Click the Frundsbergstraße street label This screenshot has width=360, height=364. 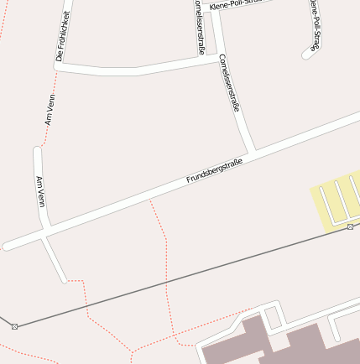tap(214, 171)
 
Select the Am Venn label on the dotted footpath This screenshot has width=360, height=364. tap(50, 110)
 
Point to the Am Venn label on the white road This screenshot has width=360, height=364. tap(39, 192)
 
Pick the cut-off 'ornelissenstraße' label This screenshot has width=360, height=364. tap(200, 28)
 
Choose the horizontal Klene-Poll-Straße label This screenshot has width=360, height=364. tap(236, 4)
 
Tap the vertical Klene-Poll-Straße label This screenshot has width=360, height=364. tap(315, 25)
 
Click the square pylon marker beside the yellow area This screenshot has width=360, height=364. tap(350, 226)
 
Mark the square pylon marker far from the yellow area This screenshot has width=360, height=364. tap(14, 325)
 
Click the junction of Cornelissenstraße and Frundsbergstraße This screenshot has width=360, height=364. tap(251, 151)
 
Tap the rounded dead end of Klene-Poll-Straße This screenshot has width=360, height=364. tap(305, 56)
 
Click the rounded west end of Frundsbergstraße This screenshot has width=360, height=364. tap(7, 247)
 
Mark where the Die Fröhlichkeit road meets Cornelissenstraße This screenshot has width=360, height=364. tap(217, 61)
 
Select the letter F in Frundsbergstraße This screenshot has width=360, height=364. tap(189, 181)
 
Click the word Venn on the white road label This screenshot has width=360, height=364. tap(40, 200)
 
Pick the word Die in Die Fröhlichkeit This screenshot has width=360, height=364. tap(59, 57)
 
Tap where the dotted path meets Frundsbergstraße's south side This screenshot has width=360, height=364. tap(150, 200)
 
